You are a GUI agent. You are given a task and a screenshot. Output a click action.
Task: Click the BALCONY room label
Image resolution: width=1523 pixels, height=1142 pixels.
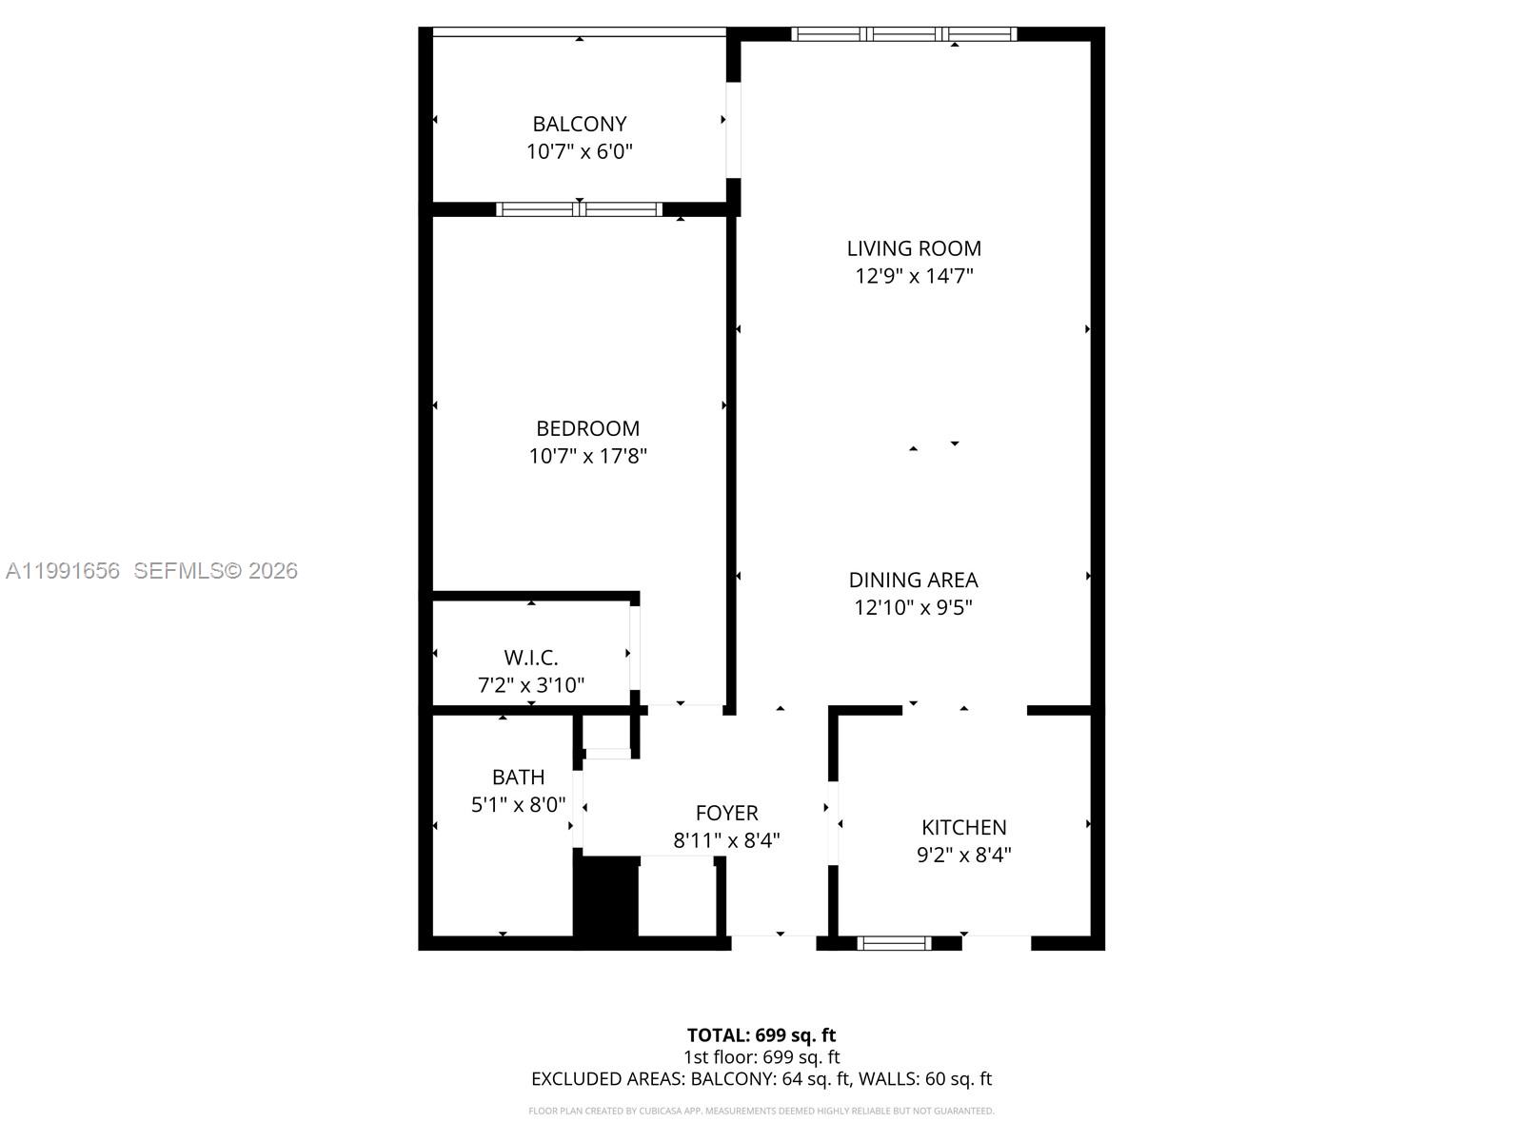coord(579,124)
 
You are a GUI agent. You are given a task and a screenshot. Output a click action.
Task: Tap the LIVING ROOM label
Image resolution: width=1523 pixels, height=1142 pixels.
coord(914,248)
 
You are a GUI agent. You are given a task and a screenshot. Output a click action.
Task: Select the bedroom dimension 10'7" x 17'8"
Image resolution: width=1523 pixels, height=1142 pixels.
coord(587,456)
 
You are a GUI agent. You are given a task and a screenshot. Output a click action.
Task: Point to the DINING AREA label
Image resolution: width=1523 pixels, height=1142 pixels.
coord(913,580)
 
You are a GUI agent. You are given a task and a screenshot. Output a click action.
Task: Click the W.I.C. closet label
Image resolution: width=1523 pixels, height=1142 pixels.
coord(531,658)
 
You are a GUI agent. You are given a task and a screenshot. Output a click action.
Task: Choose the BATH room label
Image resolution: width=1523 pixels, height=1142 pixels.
coord(518,778)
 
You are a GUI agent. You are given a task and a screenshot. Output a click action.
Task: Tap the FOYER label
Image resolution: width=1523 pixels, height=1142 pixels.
coord(726,813)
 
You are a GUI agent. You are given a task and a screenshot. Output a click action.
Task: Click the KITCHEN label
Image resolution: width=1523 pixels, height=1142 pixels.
coord(963,827)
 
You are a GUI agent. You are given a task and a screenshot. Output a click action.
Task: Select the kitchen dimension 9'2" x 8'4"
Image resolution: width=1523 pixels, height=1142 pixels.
coord(963,855)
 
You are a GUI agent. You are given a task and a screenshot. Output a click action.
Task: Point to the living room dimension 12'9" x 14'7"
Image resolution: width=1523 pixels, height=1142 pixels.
coord(914,276)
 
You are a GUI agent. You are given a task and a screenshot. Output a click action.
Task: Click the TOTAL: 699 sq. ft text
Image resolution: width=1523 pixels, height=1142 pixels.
coord(761,1034)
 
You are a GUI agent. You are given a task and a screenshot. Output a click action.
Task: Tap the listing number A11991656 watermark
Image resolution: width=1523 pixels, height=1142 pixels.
coord(63,570)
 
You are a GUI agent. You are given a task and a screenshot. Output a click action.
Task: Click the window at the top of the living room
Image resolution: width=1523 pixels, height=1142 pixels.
coord(903,34)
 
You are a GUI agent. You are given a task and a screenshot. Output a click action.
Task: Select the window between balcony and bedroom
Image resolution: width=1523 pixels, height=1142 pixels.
coord(579,209)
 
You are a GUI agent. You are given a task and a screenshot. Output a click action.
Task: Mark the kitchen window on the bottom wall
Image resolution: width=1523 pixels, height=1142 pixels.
coord(894,943)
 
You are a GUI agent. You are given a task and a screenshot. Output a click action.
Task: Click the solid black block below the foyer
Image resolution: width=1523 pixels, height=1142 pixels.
coord(605,898)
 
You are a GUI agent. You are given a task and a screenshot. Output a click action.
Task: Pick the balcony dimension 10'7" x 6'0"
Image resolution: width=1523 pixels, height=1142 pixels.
coord(579,151)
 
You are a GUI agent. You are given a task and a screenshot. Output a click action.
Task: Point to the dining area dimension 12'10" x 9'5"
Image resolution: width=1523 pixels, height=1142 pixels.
coord(913,607)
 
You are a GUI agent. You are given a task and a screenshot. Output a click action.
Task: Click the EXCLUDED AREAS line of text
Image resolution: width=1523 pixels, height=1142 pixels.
coord(761,1078)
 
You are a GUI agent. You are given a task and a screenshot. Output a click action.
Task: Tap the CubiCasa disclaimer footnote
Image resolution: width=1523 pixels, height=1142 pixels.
coord(761,1111)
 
